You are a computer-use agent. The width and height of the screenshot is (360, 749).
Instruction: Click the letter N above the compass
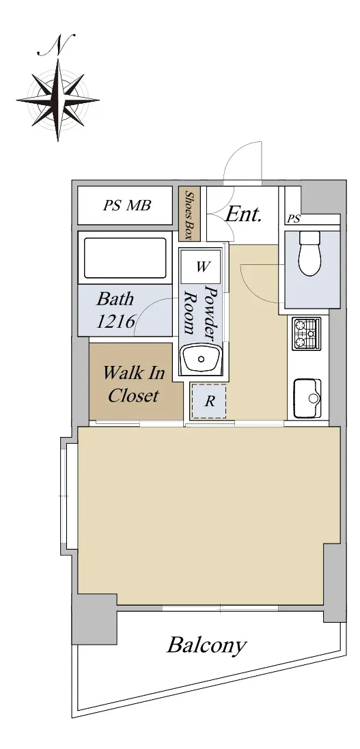pyautogui.click(x=56, y=44)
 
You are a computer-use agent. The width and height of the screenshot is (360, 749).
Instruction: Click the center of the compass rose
pyautogui.click(x=58, y=100)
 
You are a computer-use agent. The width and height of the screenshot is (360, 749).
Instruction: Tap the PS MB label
pyautogui.click(x=126, y=206)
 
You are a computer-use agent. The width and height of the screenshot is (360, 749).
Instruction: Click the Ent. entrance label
pyautogui.click(x=244, y=214)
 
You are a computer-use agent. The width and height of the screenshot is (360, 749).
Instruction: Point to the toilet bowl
pyautogui.click(x=309, y=253)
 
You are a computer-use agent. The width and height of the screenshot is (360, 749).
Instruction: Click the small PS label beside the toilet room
pyautogui.click(x=294, y=219)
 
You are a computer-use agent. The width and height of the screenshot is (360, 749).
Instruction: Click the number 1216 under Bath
pyautogui.click(x=116, y=321)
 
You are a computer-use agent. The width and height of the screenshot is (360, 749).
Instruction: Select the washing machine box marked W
pyautogui.click(x=201, y=266)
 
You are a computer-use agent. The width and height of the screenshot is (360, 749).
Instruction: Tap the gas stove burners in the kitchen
pyautogui.click(x=307, y=334)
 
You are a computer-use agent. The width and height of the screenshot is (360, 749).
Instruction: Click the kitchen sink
pyautogui.click(x=307, y=398)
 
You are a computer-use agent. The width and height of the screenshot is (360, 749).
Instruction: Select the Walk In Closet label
pyautogui.click(x=134, y=384)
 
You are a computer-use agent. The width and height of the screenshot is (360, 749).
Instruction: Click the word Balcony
pyautogui.click(x=206, y=645)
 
